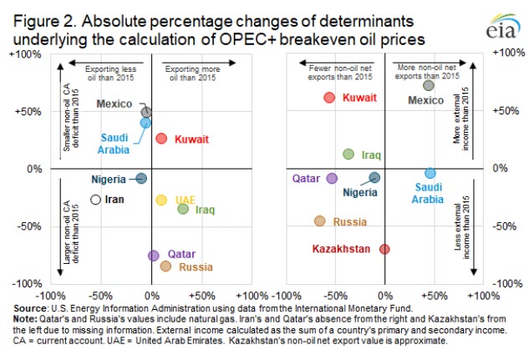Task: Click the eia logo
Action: pyautogui.click(x=498, y=27)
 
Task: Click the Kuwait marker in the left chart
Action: pyautogui.click(x=161, y=138)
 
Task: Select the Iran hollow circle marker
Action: pyautogui.click(x=95, y=199)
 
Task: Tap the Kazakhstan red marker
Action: pyautogui.click(x=384, y=249)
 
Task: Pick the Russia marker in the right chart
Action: pyautogui.click(x=319, y=221)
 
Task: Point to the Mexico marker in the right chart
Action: pyautogui.click(x=429, y=85)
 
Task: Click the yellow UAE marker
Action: pyautogui.click(x=161, y=200)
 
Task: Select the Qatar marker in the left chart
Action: pyautogui.click(x=153, y=256)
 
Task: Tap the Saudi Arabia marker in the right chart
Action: pyautogui.click(x=430, y=173)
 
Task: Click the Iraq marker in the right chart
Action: pyautogui.click(x=348, y=154)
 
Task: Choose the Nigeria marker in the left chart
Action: pyautogui.click(x=141, y=178)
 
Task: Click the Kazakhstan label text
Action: pyautogui.click(x=341, y=249)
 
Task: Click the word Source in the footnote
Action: pyautogui.click(x=20, y=308)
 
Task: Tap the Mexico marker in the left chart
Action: pyautogui.click(x=146, y=112)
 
